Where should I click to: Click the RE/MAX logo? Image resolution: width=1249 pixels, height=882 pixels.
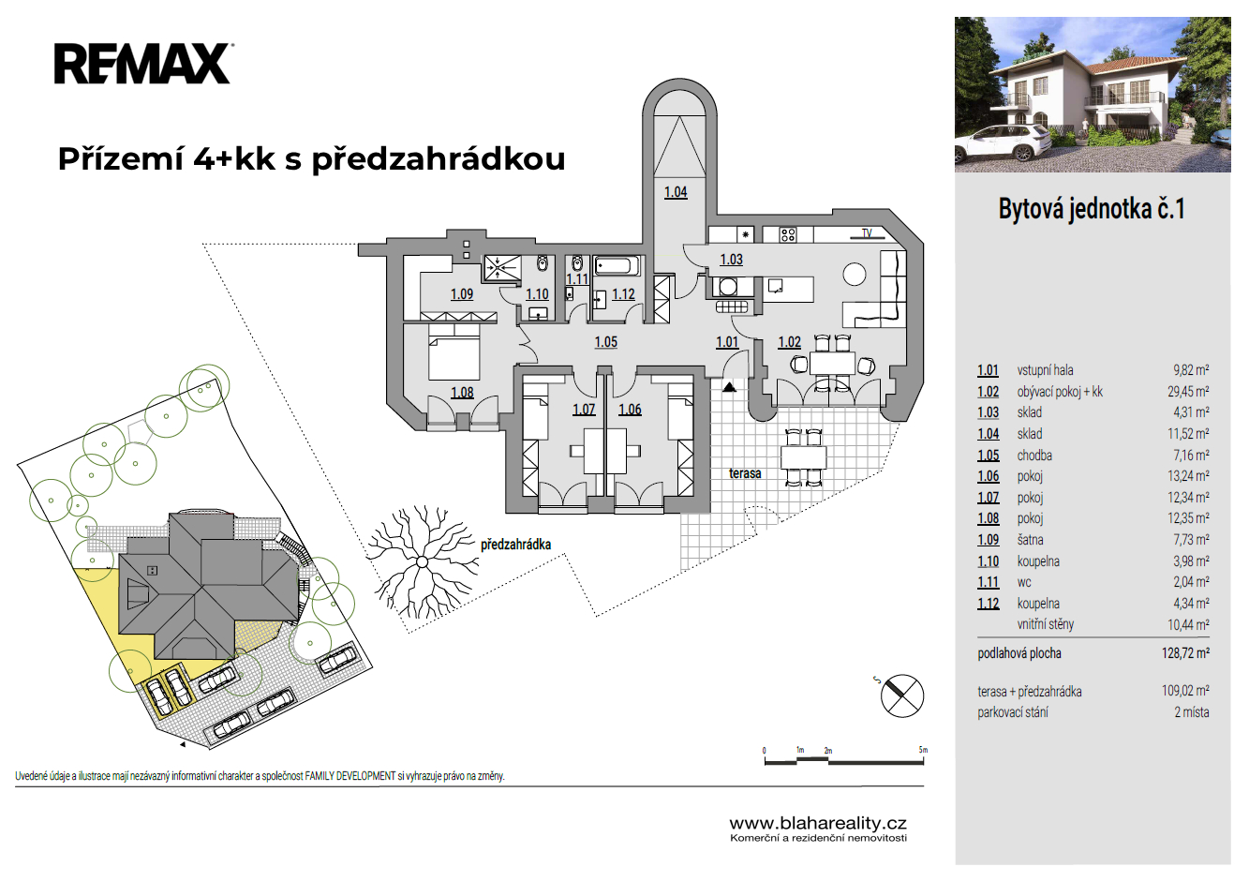coord(143,64)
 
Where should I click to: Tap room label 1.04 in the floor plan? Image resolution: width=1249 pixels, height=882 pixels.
coord(676,192)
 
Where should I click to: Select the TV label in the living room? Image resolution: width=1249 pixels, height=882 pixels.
coord(867,233)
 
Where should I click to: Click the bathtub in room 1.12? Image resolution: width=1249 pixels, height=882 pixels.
coord(617,265)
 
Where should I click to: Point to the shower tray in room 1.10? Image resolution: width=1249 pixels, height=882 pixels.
coord(502,268)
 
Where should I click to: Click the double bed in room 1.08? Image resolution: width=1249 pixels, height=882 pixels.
coord(454,352)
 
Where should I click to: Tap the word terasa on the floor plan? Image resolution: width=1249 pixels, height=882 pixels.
coord(745,473)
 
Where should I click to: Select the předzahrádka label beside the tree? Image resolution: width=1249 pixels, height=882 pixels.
coord(515,545)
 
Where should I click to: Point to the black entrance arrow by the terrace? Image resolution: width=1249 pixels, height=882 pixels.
coord(729,387)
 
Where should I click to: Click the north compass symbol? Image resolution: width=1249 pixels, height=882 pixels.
coord(901,695)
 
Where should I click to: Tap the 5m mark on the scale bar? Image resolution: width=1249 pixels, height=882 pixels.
coord(923,751)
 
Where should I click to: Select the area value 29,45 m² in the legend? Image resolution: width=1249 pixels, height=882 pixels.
coord(1188,392)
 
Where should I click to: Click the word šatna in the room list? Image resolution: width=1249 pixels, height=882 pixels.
coord(1030,540)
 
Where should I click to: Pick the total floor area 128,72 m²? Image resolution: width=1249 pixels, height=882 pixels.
coord(1185,652)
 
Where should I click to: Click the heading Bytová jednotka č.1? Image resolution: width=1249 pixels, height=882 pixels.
coord(1092,209)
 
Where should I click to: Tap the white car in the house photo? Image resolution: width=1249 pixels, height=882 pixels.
coord(1002,144)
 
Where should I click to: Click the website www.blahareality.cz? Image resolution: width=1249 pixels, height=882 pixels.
coord(818,823)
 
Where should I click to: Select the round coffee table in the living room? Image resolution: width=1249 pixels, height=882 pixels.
coord(854,275)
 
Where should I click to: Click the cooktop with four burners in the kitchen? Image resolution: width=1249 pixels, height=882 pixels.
coord(788,235)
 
